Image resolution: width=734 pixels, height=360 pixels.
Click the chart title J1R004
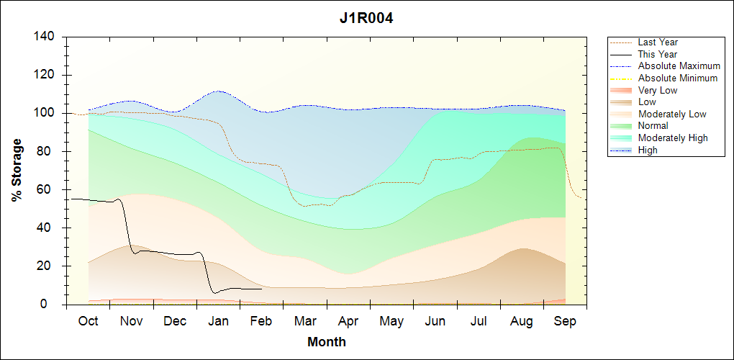pyautogui.click(x=366, y=18)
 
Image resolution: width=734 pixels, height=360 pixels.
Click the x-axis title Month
pyautogui.click(x=326, y=342)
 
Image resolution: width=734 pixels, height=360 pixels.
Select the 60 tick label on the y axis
pyautogui.click(x=50, y=190)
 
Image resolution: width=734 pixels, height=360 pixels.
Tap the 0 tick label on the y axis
pyautogui.click(x=54, y=305)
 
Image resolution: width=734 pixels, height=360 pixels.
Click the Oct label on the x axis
pyautogui.click(x=88, y=321)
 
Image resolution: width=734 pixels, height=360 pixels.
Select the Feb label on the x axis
pyautogui.click(x=261, y=321)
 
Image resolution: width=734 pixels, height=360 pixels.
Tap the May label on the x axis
pyautogui.click(x=391, y=321)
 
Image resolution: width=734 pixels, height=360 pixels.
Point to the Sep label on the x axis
pyautogui.click(x=565, y=321)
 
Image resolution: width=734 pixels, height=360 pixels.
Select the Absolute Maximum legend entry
pyautogui.click(x=679, y=66)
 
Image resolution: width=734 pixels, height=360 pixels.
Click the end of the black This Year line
pyautogui.click(x=261, y=289)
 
